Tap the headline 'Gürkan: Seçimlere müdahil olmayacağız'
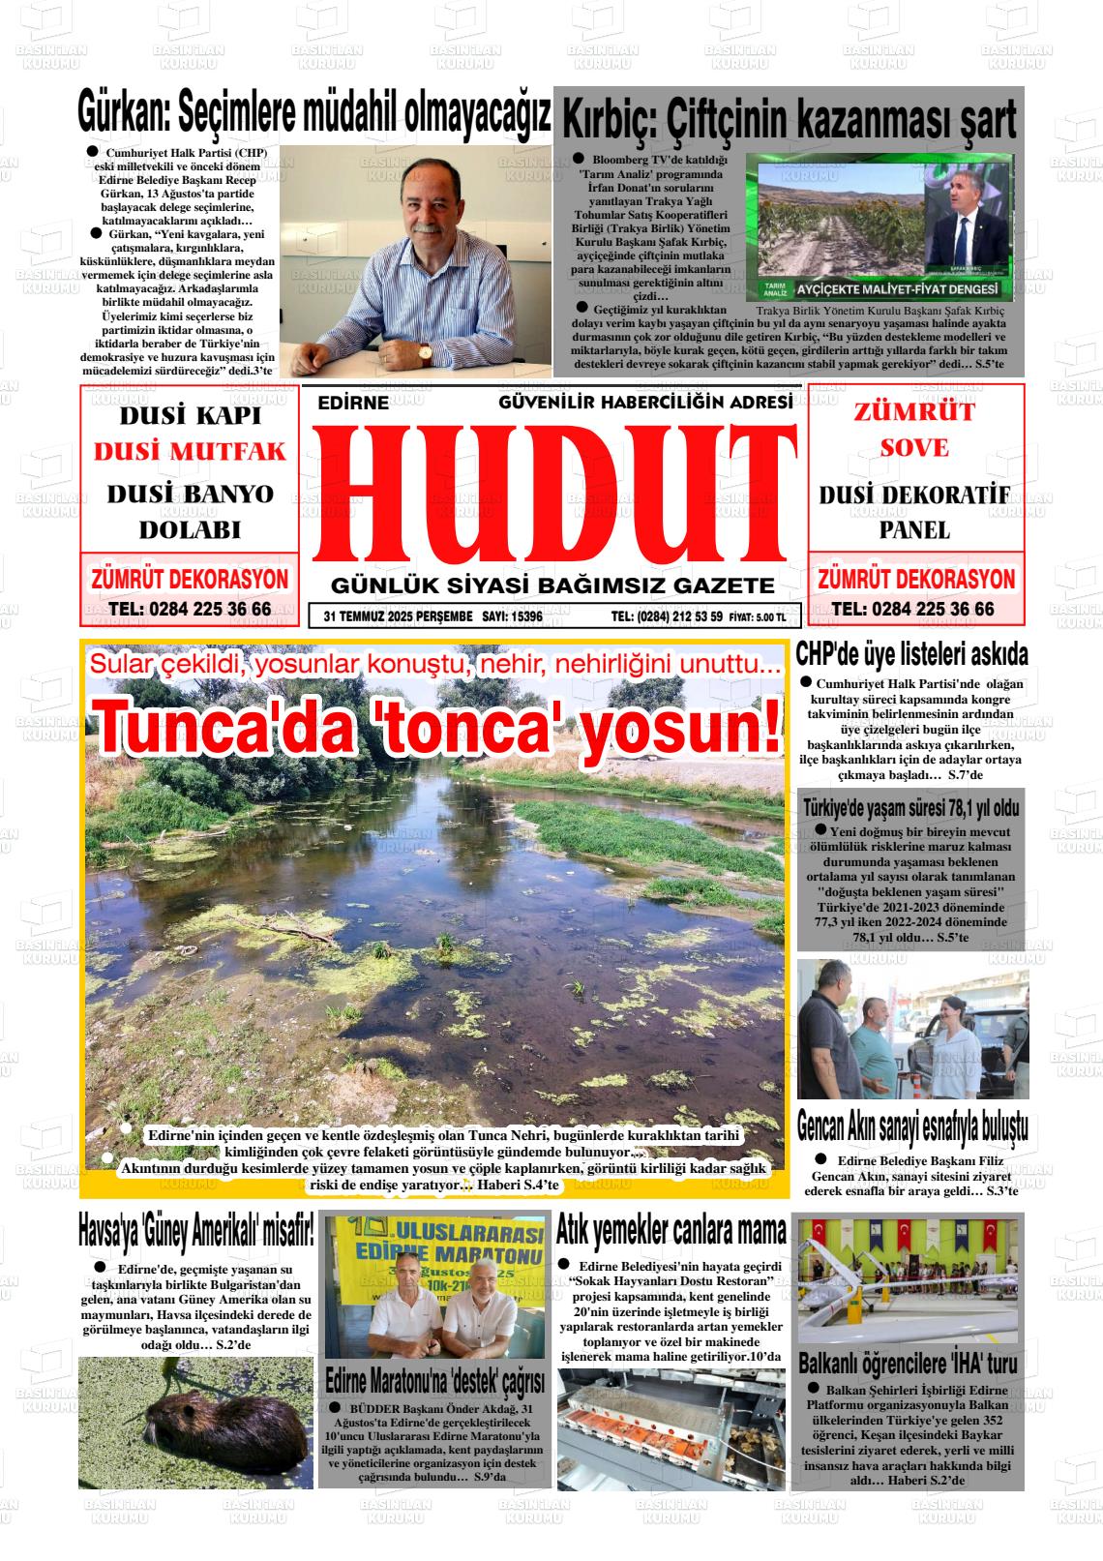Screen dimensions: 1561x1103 coord(314,114)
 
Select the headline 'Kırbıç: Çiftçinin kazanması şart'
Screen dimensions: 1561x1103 coord(789,121)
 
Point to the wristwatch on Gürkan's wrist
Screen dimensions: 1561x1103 coord(425,354)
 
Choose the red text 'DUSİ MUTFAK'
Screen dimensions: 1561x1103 coord(190,452)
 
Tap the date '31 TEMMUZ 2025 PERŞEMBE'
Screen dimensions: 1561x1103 coord(398,615)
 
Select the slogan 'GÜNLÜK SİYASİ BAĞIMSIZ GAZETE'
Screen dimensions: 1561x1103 coord(552,585)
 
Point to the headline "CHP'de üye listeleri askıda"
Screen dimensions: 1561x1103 coord(911,655)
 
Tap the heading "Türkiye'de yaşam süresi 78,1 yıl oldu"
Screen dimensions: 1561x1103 coord(911,807)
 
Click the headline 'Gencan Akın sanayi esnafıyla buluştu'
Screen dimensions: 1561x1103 coord(911,1126)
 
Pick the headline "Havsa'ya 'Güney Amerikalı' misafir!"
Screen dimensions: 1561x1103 coord(196,1231)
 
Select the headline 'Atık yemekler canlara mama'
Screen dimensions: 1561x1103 coord(671,1230)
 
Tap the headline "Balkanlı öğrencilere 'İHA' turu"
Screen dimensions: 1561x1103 coord(908,1364)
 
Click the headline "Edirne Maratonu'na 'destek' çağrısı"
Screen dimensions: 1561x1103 coord(434,1379)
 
